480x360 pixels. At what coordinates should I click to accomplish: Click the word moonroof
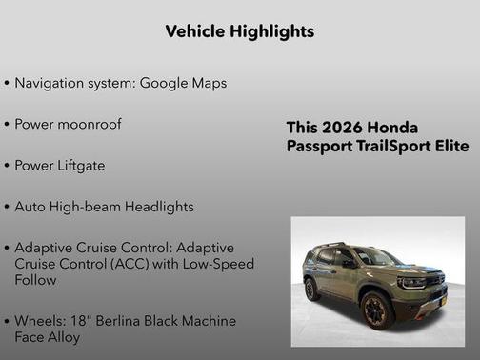[x=88, y=124]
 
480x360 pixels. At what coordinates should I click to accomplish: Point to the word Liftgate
[x=80, y=165]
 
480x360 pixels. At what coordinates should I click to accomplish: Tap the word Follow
[x=35, y=280]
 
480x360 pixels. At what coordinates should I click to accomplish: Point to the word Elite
[x=449, y=147]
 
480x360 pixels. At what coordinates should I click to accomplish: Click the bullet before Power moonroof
[x=8, y=125]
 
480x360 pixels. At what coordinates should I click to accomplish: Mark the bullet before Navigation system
[x=8, y=84]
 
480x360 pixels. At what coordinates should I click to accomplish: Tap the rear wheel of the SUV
[x=311, y=289]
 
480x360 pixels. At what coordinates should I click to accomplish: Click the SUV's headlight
[x=411, y=282]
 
